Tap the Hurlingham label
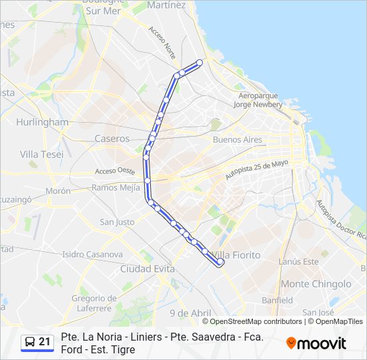tap(42, 123)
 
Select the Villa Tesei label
tap(41, 154)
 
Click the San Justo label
tap(117, 222)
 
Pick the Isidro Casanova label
tap(92, 254)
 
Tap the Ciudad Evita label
tap(147, 269)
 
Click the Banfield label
tap(277, 301)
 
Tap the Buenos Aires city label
tap(237, 140)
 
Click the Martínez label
tap(166, 5)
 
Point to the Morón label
tap(58, 191)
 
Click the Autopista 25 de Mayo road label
tap(257, 169)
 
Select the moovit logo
tap(316, 343)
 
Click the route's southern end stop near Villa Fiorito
tap(221, 263)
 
